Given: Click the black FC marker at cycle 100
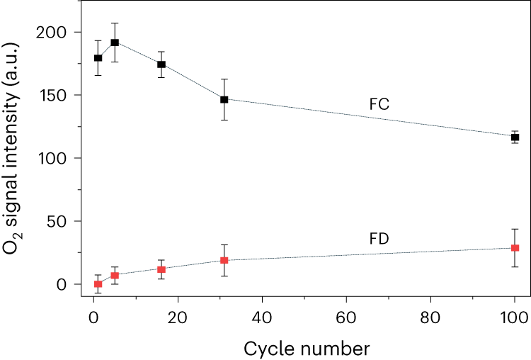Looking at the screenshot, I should pyautogui.click(x=515, y=137).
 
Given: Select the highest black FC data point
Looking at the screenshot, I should pyautogui.click(x=115, y=43).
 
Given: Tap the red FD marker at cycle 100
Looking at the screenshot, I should pyautogui.click(x=515, y=248).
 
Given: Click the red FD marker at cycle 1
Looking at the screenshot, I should pyautogui.click(x=98, y=284).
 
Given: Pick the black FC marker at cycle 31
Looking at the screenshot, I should pyautogui.click(x=224, y=99).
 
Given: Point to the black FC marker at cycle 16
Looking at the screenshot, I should pyautogui.click(x=161, y=64).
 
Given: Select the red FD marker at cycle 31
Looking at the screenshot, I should pyautogui.click(x=224, y=260).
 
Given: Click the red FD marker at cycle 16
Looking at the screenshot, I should pyautogui.click(x=161, y=269).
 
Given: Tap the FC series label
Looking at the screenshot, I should pyautogui.click(x=379, y=105).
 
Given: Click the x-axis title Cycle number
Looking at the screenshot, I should pyautogui.click(x=306, y=348).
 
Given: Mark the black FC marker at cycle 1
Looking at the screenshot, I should pyautogui.click(x=98, y=58).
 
